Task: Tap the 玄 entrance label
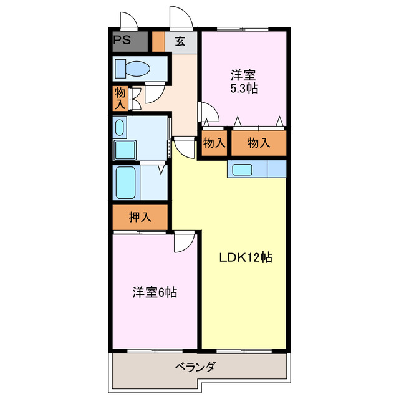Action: tap(180, 42)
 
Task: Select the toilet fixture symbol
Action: tap(131, 68)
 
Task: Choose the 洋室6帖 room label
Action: tap(154, 292)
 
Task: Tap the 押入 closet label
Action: tap(140, 218)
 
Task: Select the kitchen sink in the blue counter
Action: tap(240, 169)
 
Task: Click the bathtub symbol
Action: tap(126, 181)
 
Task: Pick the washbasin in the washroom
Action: tap(120, 128)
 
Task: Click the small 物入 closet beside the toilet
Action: tap(120, 98)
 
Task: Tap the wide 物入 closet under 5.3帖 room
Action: tap(259, 143)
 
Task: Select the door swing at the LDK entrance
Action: tap(183, 148)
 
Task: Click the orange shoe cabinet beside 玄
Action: tap(158, 42)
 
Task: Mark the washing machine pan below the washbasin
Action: tap(127, 150)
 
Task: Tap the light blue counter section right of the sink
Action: tap(276, 169)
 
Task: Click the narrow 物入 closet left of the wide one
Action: tap(214, 143)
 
